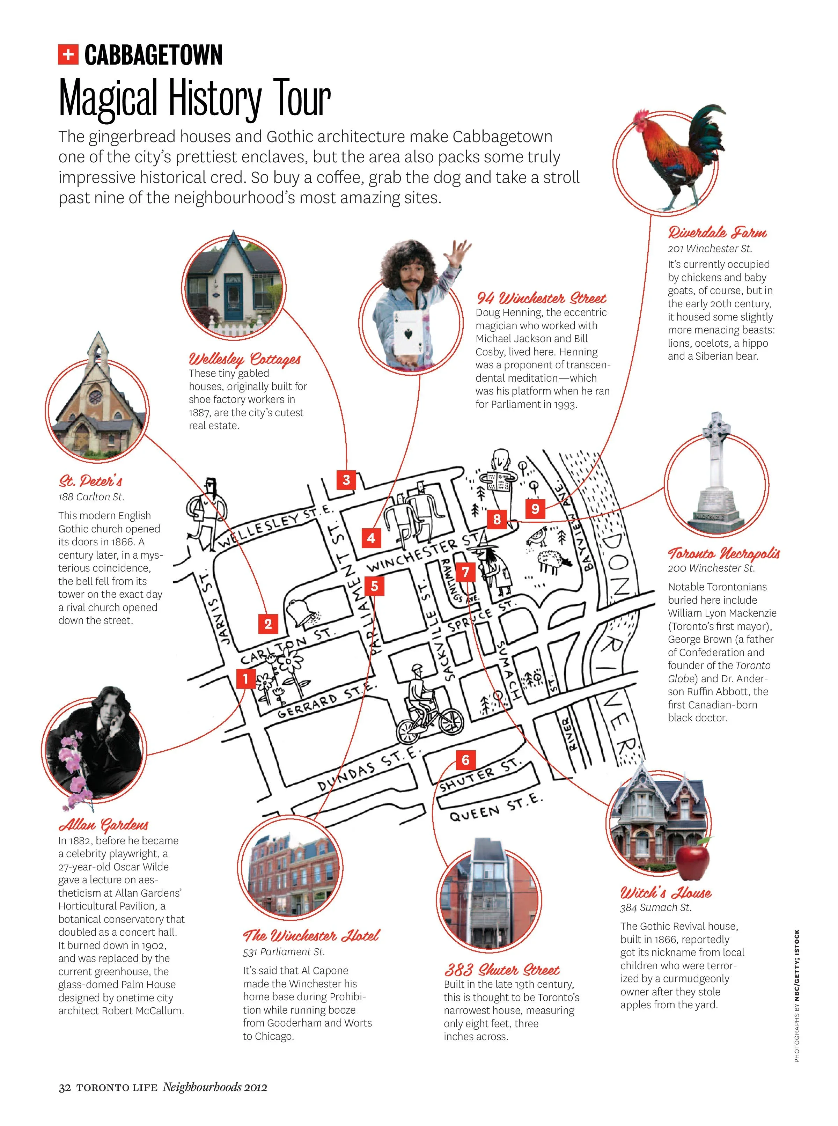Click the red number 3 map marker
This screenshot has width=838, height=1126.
click(346, 480)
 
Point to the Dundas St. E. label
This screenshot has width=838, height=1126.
click(369, 769)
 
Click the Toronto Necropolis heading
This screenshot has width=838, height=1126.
click(723, 553)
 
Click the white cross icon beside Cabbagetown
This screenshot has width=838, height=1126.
click(68, 55)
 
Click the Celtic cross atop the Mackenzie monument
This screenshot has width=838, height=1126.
click(716, 426)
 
